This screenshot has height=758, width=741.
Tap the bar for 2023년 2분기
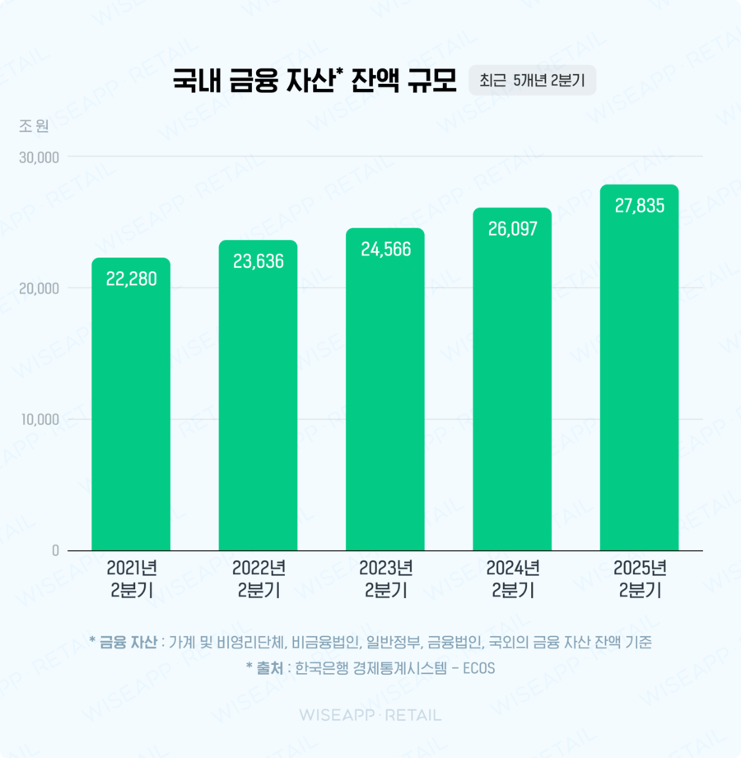tap(385, 395)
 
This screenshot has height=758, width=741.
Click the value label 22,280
tap(131, 278)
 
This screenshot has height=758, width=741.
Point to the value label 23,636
tap(258, 261)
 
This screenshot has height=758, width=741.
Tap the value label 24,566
tap(385, 249)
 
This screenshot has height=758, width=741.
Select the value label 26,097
tap(512, 229)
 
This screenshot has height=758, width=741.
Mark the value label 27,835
tap(640, 206)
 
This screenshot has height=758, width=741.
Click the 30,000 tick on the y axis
tap(39, 157)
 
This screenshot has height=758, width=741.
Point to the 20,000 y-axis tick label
tap(39, 288)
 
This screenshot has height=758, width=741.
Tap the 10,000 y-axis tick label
tap(39, 419)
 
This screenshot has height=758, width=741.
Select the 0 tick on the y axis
tap(54, 550)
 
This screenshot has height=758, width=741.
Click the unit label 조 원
tap(34, 126)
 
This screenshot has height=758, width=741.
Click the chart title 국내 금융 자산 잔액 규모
tap(314, 82)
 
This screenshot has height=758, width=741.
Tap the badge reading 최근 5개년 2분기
tap(532, 81)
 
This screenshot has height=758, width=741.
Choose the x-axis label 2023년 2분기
tap(385, 579)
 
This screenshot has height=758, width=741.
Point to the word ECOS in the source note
tap(478, 668)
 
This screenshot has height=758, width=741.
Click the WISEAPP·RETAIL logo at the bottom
tap(370, 715)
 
